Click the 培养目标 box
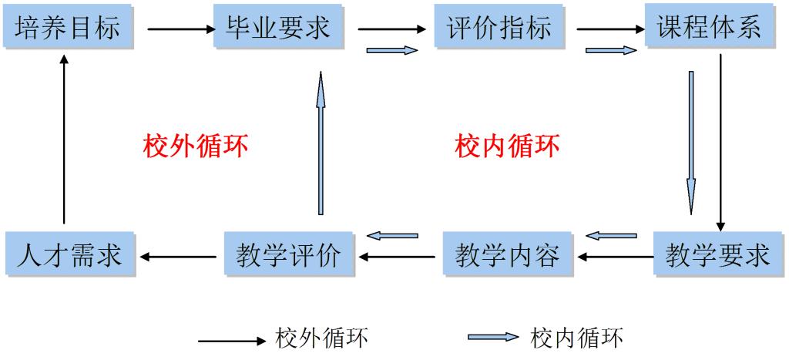68,29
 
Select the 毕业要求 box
278,29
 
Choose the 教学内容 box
507,254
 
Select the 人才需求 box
69,254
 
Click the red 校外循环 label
196,145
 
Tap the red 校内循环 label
507,145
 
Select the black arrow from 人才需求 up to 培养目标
64,139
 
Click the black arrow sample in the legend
231,340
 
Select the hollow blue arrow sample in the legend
493,338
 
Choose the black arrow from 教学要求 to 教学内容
616,257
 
